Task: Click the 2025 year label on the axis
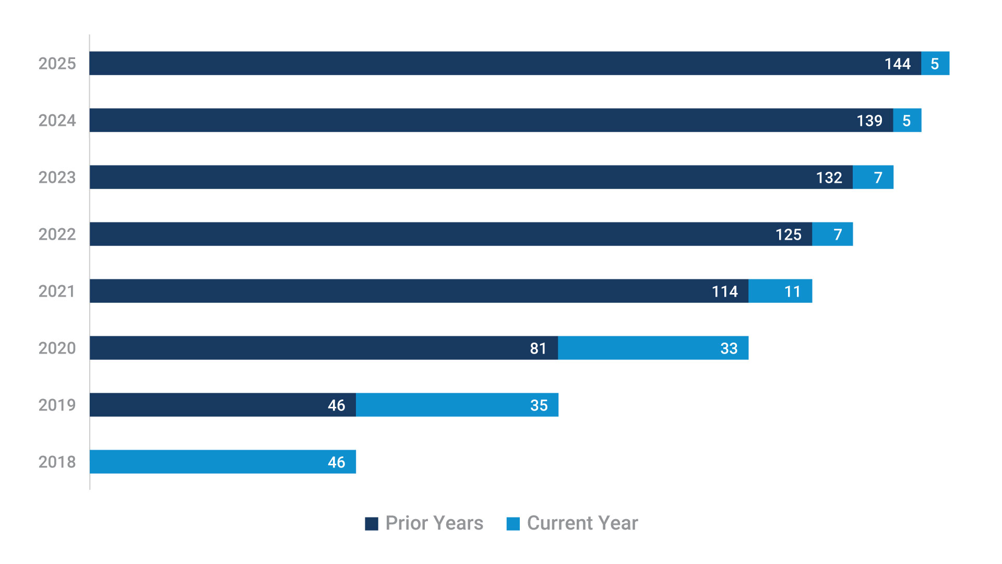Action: [x=57, y=64]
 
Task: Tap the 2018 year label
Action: [x=57, y=462]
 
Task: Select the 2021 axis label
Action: [x=57, y=291]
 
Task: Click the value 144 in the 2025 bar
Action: [x=897, y=64]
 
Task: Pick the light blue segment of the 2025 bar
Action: [x=935, y=64]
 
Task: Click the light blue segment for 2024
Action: [x=907, y=121]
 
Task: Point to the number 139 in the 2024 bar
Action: [x=869, y=121]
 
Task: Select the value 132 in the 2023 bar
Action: [x=829, y=178]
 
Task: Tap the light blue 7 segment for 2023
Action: [x=873, y=178]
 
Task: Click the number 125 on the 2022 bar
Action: [x=788, y=234]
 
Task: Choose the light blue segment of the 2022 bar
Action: [x=832, y=234]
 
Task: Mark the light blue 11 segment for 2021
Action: [x=780, y=291]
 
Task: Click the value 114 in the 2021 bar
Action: [x=724, y=291]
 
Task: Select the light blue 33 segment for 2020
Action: [x=653, y=348]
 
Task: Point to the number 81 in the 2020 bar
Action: [x=538, y=348]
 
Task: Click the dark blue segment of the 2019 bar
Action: [x=222, y=405]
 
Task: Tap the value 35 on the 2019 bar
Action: [x=539, y=405]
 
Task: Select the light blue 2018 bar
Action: [x=222, y=462]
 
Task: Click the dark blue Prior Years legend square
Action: [x=372, y=524]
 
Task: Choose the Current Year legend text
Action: [x=582, y=523]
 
